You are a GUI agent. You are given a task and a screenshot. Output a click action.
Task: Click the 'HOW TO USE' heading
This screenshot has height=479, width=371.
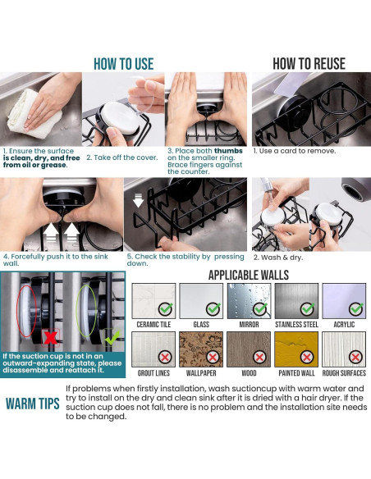pyautogui.click(x=123, y=64)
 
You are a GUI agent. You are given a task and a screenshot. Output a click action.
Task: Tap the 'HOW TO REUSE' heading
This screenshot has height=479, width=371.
pyautogui.click(x=309, y=64)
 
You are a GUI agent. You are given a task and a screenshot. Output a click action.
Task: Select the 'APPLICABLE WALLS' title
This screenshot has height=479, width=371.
pyautogui.click(x=249, y=275)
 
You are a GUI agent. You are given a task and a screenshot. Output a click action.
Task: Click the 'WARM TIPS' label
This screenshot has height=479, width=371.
pyautogui.click(x=32, y=404)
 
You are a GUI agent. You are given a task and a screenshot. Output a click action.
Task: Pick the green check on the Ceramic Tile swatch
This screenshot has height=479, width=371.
pyautogui.click(x=165, y=308)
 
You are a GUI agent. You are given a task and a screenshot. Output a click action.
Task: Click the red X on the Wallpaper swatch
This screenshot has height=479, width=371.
pyautogui.click(x=213, y=357)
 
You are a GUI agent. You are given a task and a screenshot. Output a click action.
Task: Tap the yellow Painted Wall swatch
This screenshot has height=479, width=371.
pyautogui.click(x=296, y=349)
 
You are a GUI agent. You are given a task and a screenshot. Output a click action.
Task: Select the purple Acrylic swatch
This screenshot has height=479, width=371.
pyautogui.click(x=344, y=301)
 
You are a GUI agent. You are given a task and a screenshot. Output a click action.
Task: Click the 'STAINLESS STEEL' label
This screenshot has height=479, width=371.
pyautogui.click(x=296, y=325)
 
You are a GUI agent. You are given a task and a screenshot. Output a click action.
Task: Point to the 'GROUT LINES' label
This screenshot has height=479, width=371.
pyautogui.click(x=153, y=373)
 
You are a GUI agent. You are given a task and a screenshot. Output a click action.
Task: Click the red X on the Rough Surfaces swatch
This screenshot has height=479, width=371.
pyautogui.click(x=355, y=357)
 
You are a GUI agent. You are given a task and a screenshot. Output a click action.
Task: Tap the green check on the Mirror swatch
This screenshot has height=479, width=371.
pyautogui.click(x=260, y=308)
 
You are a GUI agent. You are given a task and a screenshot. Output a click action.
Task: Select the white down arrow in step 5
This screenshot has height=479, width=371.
pyautogui.click(x=138, y=201)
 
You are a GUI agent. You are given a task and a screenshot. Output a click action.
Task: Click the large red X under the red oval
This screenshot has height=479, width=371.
pyautogui.click(x=51, y=338)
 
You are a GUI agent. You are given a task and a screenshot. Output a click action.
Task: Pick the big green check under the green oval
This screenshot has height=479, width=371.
pyautogui.click(x=112, y=337)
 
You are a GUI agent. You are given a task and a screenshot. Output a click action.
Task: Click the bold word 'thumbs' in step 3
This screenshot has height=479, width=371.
pyautogui.click(x=228, y=151)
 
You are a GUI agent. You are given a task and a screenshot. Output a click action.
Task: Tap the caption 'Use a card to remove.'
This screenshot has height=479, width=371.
pyautogui.click(x=297, y=151)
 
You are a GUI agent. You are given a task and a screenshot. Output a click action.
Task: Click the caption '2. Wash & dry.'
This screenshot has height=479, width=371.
pyautogui.click(x=278, y=258)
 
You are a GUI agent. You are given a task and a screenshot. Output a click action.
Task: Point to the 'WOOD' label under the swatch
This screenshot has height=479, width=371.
pyautogui.click(x=249, y=373)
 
